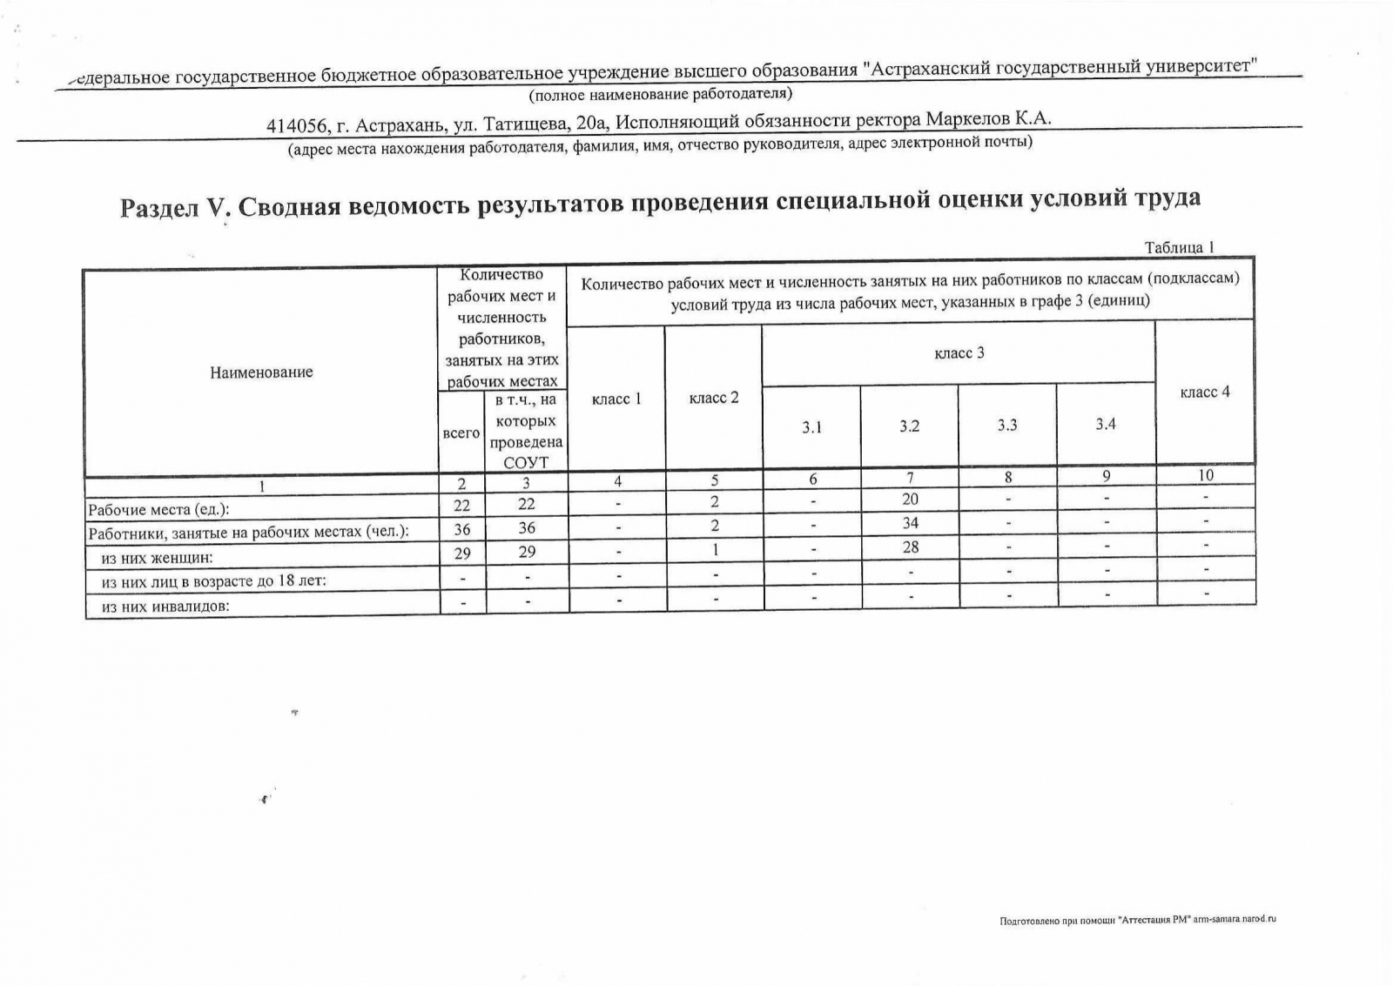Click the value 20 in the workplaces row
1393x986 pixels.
click(x=909, y=500)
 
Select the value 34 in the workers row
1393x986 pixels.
click(x=910, y=523)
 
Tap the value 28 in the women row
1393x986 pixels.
click(x=910, y=547)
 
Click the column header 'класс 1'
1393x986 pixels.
click(x=616, y=399)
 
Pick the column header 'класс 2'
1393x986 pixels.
click(x=714, y=399)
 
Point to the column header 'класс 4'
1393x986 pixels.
click(x=1205, y=392)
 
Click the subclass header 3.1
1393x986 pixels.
click(x=811, y=427)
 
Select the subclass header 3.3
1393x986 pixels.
click(x=1007, y=426)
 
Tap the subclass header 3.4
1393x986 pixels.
click(x=1106, y=425)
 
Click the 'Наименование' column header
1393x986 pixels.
click(x=261, y=372)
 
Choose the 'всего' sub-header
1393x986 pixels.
click(x=461, y=433)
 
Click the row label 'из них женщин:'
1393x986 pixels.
click(x=157, y=558)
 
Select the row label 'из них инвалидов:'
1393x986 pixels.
click(x=165, y=607)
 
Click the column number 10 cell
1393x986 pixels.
click(x=1206, y=475)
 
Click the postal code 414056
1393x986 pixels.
click(x=296, y=126)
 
